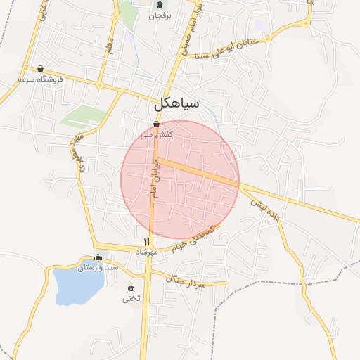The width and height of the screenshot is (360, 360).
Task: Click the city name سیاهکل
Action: click(176, 105)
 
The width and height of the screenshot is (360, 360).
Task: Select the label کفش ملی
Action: click(156, 133)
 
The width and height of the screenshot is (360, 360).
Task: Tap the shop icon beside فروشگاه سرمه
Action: click(40, 69)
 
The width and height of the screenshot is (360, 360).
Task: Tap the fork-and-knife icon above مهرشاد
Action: click(146, 241)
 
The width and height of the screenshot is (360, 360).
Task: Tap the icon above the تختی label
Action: click(131, 288)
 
